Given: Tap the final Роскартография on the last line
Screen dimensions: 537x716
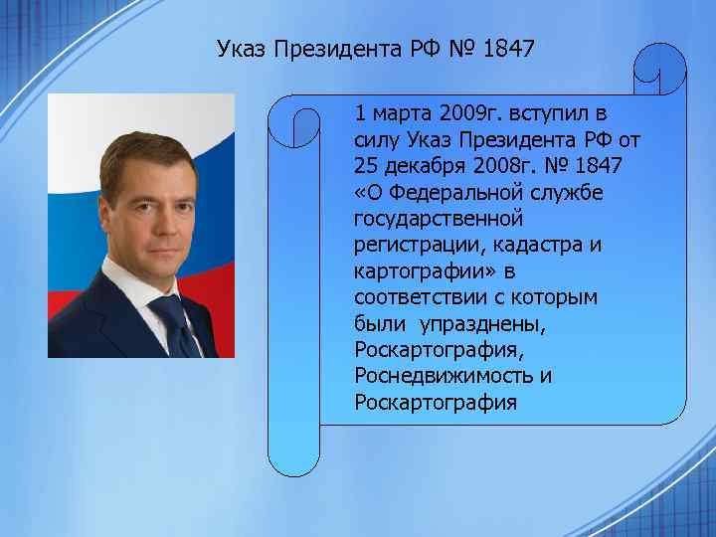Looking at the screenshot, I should tap(435, 403).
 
